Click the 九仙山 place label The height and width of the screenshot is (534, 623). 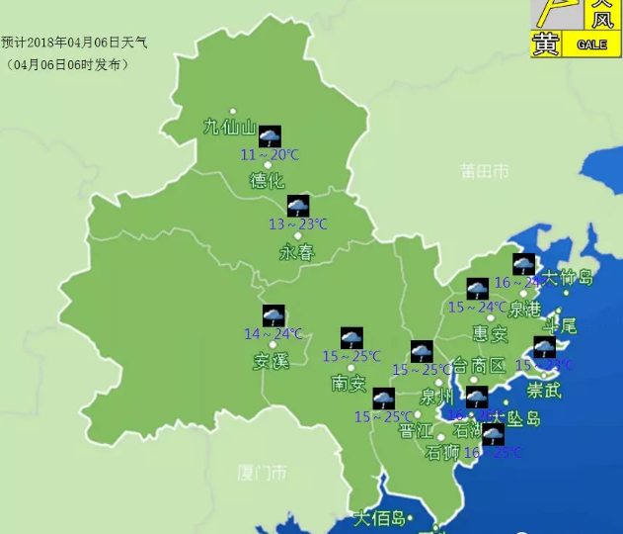(229, 127)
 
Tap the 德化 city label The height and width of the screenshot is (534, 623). (267, 180)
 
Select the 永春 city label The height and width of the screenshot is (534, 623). (297, 252)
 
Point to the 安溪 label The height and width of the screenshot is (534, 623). (272, 361)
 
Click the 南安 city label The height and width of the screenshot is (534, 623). (350, 383)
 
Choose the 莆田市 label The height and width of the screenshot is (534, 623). (484, 171)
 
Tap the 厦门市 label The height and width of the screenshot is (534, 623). (263, 471)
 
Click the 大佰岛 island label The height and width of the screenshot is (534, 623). (380, 518)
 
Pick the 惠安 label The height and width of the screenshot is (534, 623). (490, 333)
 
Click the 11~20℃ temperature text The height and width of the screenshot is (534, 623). (270, 154)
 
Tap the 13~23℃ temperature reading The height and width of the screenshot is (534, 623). (298, 224)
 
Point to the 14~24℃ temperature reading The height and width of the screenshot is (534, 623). (273, 334)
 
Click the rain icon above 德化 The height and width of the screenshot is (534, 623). (270, 135)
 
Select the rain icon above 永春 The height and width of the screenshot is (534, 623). (298, 206)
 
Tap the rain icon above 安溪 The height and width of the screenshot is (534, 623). (273, 315)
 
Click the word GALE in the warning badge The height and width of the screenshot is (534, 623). (592, 45)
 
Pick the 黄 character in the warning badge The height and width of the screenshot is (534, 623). (546, 44)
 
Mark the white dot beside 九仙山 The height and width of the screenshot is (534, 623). (233, 111)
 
